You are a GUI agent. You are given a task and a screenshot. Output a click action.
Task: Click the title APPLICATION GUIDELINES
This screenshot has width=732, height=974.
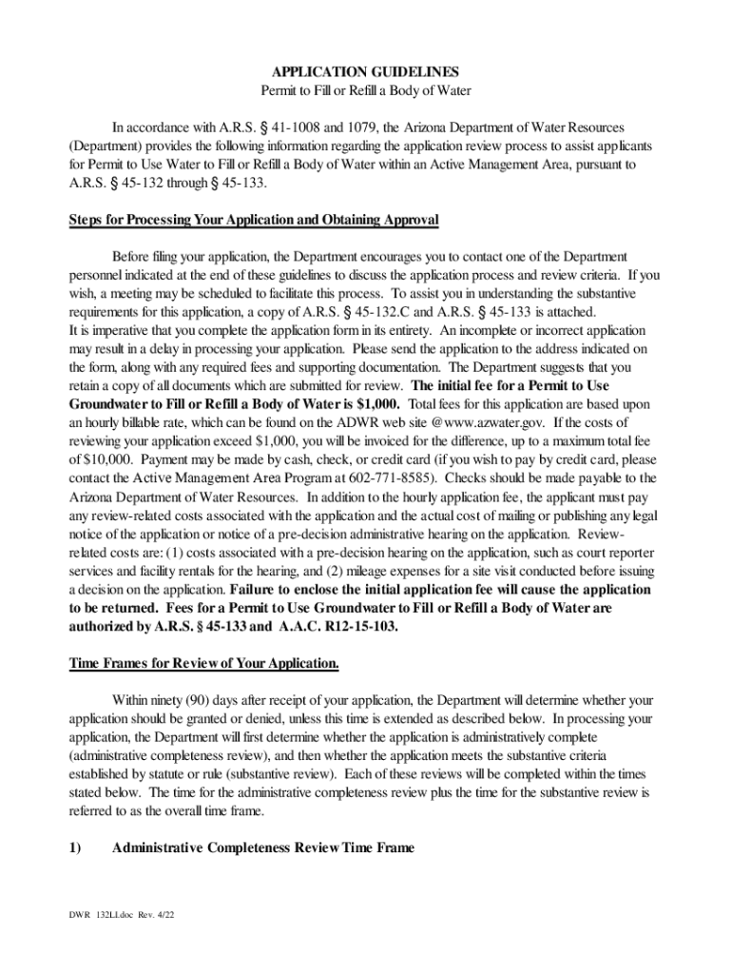click(x=366, y=72)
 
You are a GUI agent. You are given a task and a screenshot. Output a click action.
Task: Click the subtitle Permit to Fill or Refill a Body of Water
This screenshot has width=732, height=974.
click(x=366, y=90)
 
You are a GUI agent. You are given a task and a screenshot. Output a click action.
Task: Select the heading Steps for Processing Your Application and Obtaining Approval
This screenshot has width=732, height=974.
click(x=254, y=220)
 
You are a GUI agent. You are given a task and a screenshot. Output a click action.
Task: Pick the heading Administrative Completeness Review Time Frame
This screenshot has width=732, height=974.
click(x=262, y=847)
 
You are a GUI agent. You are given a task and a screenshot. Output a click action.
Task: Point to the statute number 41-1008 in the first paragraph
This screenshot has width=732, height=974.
click(x=284, y=127)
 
